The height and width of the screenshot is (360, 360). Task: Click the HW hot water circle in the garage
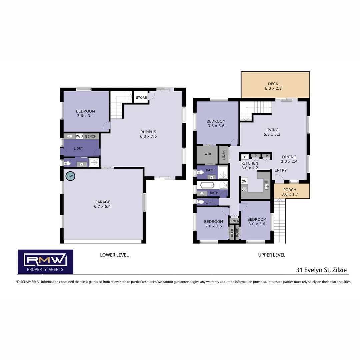[x=70, y=176]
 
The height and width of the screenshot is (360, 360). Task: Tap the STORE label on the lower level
[x=141, y=98]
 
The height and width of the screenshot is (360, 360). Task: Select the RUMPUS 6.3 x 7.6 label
[x=148, y=134]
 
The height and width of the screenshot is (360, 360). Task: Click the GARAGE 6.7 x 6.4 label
[x=102, y=204]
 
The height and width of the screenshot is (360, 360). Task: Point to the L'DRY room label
[x=78, y=148]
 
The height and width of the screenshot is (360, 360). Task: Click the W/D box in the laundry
[x=79, y=136]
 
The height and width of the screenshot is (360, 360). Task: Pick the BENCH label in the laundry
[x=91, y=136]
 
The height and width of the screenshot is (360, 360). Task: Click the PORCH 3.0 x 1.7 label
[x=289, y=192]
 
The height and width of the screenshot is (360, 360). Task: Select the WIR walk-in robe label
[x=208, y=154]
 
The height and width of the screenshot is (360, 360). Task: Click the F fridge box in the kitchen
[x=245, y=156]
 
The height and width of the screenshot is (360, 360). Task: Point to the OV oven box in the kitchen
[x=244, y=181]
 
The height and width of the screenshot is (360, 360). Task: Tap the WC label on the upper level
[x=208, y=203]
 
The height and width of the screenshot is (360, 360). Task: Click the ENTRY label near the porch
[x=280, y=170]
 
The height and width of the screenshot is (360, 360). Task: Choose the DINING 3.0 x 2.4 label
[x=289, y=159]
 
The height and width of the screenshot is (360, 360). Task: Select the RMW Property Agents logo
[x=45, y=261]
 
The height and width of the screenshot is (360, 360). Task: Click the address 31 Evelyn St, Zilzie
[x=322, y=270]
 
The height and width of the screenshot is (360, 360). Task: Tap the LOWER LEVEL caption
[x=114, y=255]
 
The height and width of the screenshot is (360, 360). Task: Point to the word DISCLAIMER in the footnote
[x=26, y=282]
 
